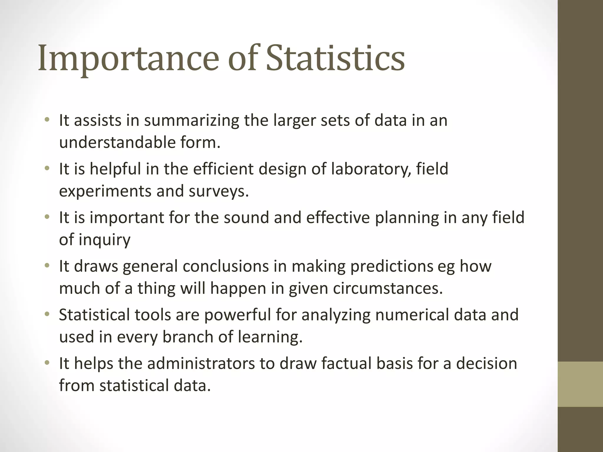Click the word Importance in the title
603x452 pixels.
pos(128,58)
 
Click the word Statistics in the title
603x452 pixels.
pos(335,58)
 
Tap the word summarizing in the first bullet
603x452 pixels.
pos(191,121)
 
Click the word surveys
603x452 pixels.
pos(218,191)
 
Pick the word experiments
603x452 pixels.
pos(105,191)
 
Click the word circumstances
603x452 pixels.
pos(388,288)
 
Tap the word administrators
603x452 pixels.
pos(201,363)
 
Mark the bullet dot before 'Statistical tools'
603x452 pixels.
pos(47,315)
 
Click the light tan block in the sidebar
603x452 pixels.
pos(580,384)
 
